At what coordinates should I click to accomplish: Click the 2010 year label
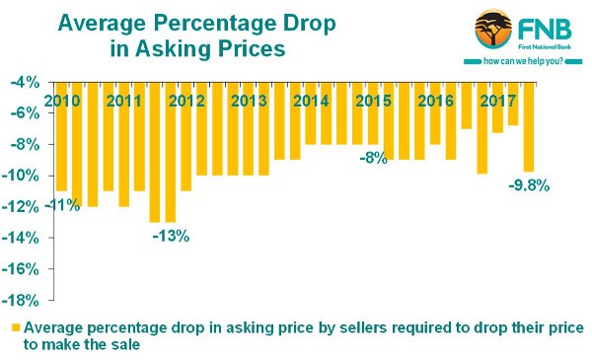[x=62, y=101]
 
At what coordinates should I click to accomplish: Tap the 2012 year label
[x=186, y=101]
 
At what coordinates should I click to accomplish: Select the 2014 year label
[x=310, y=101]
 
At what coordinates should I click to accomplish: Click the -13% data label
[x=170, y=236]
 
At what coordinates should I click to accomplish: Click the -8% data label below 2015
[x=371, y=158]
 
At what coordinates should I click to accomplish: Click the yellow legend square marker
[x=15, y=327]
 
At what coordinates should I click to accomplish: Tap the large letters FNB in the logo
[x=547, y=30]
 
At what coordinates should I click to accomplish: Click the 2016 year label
[x=434, y=101]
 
